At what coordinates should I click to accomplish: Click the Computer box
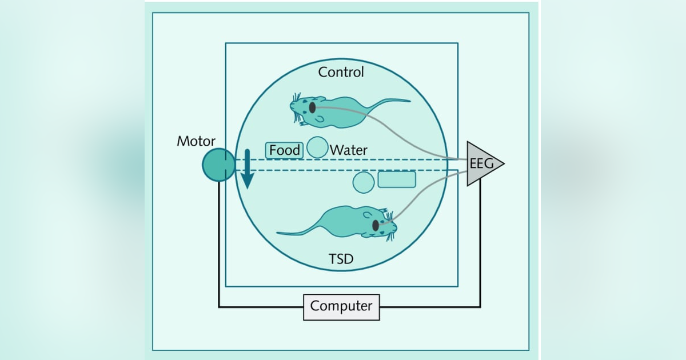point(341,306)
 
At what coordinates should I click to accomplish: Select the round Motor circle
point(218,165)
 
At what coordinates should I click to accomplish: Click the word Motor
point(196,141)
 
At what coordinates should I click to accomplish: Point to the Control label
point(341,72)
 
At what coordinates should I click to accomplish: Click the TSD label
point(341,259)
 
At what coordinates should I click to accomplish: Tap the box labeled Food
point(284,150)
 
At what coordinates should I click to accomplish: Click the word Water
point(349,150)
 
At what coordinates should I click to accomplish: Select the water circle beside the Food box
point(317,147)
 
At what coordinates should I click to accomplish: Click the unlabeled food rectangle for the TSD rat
point(396,179)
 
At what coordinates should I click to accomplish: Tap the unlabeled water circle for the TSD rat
point(364,182)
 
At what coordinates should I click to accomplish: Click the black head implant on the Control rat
point(312,107)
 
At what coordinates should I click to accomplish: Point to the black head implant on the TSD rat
point(376,226)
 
